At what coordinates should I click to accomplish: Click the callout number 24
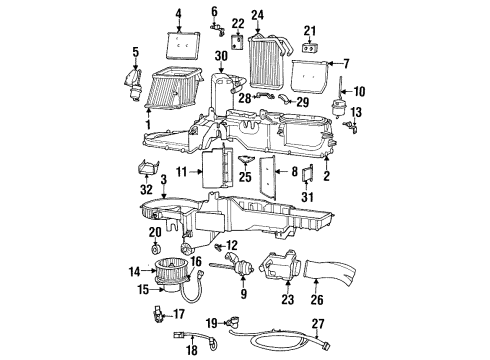tap(258, 14)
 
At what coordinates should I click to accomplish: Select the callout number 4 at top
tap(179, 14)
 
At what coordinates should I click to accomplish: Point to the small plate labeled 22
tap(238, 43)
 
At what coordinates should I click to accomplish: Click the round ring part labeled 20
tap(156, 248)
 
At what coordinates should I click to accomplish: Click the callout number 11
tap(182, 173)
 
